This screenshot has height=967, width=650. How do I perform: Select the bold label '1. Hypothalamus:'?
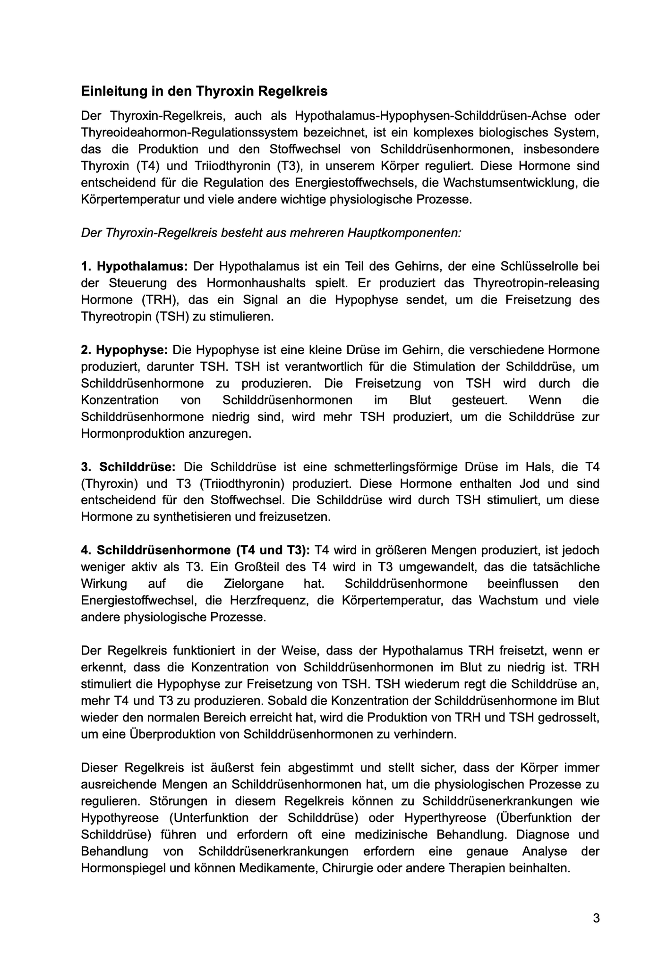(135, 266)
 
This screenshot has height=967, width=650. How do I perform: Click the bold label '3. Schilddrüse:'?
(128, 467)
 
